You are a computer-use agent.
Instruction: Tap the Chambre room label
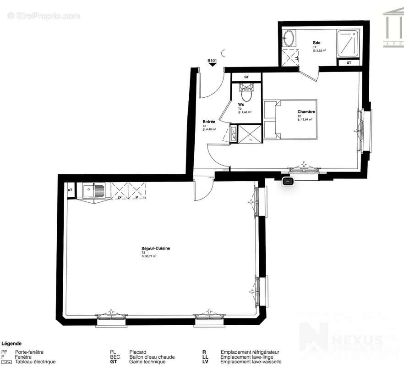pyautogui.click(x=306, y=112)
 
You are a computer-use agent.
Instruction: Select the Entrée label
pyautogui.click(x=209, y=122)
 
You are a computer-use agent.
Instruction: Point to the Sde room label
pyautogui.click(x=316, y=43)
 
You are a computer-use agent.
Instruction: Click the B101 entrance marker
pyautogui.click(x=212, y=61)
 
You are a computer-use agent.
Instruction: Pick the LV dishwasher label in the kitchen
pyautogui.click(x=120, y=197)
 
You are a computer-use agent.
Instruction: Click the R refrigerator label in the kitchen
pyautogui.click(x=136, y=197)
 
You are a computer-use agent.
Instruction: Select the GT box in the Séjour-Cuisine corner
pyautogui.click(x=70, y=190)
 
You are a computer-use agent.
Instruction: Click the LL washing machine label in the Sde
pyautogui.click(x=297, y=58)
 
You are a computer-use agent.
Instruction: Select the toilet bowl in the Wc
pyautogui.click(x=246, y=95)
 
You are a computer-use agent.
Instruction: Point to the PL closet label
pyautogui.click(x=251, y=139)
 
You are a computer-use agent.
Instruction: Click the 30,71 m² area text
pyautogui.click(x=149, y=256)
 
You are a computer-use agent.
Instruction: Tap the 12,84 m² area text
pyautogui.click(x=305, y=120)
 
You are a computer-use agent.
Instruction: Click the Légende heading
pyautogui.click(x=12, y=343)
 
